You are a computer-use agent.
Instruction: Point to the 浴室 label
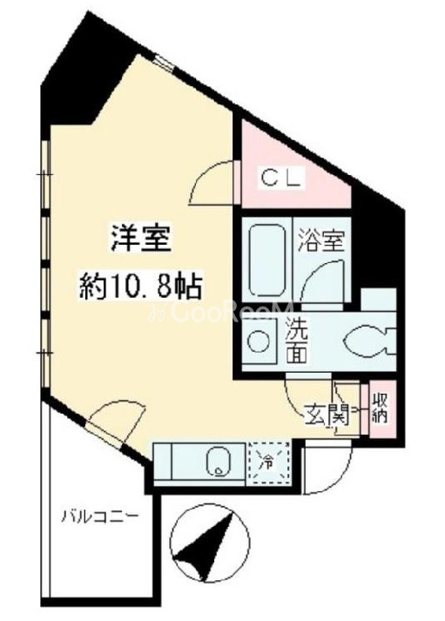[x=321, y=240]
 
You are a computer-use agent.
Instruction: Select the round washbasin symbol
[x=260, y=341]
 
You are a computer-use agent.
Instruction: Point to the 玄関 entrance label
[x=327, y=415]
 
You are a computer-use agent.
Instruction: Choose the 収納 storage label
[x=380, y=408]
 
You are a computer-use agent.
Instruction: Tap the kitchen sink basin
[x=219, y=462]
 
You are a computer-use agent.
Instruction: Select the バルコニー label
[x=99, y=516]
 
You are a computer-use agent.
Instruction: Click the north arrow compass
[x=210, y=543]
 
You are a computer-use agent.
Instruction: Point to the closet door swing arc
[x=210, y=174]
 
